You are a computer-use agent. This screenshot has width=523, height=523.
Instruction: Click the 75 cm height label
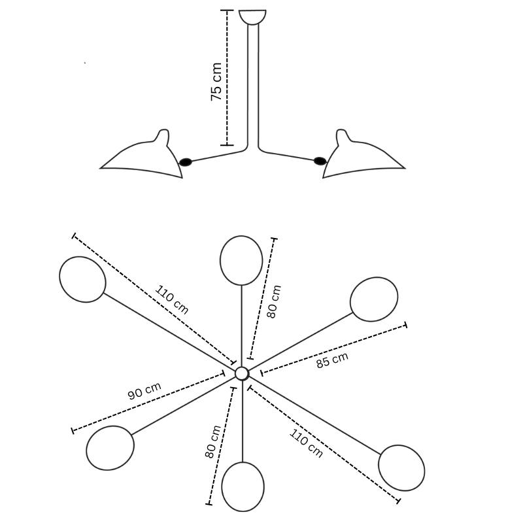(x=216, y=81)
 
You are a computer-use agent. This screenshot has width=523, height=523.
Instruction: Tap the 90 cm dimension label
(x=144, y=390)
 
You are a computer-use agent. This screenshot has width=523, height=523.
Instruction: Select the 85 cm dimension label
(x=332, y=360)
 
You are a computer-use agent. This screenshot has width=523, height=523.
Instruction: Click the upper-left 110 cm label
(x=172, y=299)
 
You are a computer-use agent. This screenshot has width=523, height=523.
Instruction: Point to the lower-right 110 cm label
(x=306, y=443)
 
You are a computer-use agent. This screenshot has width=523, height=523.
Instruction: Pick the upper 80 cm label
(x=274, y=301)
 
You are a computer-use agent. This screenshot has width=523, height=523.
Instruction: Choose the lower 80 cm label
(x=213, y=442)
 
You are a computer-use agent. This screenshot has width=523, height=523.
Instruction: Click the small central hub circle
(x=242, y=373)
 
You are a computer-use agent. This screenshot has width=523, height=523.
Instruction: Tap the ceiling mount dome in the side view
(x=252, y=17)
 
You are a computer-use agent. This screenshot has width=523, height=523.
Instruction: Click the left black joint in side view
(x=186, y=162)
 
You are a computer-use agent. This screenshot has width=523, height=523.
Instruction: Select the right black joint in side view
(x=320, y=161)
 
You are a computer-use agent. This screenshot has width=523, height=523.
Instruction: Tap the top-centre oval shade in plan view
(x=241, y=260)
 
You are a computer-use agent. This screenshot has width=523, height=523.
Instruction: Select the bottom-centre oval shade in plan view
(x=243, y=486)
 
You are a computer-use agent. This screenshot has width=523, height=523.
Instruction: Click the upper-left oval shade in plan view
(x=83, y=280)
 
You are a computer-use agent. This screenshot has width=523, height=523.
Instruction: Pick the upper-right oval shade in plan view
(x=374, y=299)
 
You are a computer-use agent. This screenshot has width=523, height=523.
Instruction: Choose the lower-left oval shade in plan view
(x=110, y=448)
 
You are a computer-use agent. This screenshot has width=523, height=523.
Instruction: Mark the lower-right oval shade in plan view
(x=401, y=468)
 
